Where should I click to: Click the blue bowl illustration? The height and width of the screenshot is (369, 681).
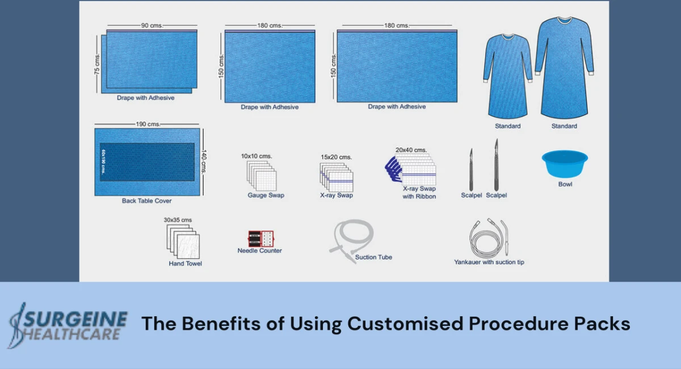coord(564,163)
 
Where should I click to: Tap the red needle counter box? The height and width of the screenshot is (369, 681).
coord(260,238)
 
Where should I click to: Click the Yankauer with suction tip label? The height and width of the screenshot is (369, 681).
coord(489,262)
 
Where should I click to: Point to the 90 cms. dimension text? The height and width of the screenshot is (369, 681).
coord(152,25)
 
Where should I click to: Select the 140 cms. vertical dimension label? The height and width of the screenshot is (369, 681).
coord(204,162)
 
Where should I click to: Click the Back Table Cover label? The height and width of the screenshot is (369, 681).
coord(146,201)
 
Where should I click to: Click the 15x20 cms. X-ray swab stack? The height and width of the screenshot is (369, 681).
coord(336,176)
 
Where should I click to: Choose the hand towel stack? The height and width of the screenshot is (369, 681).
coord(183,242)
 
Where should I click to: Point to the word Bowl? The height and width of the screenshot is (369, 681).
coord(565,184)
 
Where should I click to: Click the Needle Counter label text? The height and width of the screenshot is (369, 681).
coord(259,251)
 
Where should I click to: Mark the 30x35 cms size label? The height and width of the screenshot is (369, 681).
coord(178,220)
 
